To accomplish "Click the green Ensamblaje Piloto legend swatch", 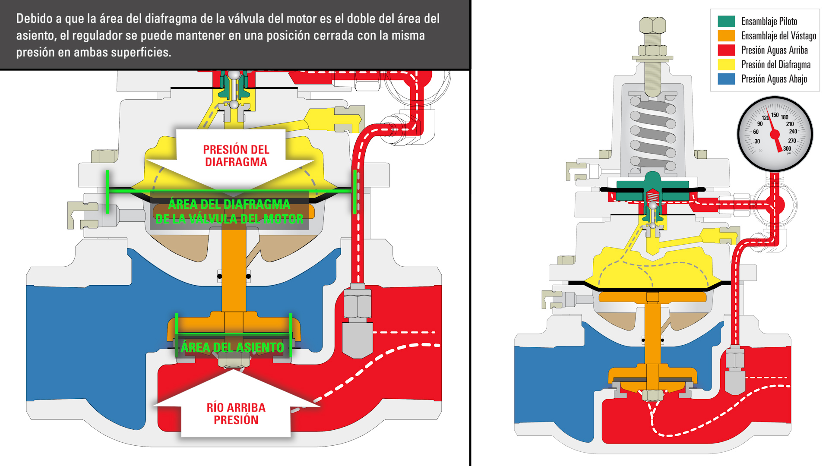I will point(726,21).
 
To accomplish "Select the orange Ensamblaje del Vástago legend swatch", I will point(726,35).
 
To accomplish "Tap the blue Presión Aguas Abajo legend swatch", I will point(726,79).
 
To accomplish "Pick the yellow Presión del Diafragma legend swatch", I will point(726,64).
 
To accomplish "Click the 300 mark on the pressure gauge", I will point(787,148).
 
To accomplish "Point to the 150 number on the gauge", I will point(775,115).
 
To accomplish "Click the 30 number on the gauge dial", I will point(757,142).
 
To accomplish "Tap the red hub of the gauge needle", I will point(775,134).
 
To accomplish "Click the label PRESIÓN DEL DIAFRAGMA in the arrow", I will point(236,156).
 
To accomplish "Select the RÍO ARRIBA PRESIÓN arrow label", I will point(236,413).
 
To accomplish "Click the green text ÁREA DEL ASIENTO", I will point(232,347).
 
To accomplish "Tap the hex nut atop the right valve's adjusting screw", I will point(652,25).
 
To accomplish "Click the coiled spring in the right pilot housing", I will point(652,134).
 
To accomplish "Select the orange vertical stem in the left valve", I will point(234,268).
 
